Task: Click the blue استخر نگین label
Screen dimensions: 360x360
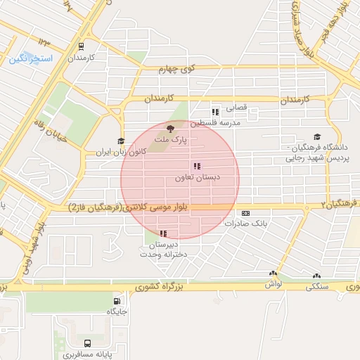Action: tap(32, 58)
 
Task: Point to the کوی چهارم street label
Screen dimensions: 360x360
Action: tap(176, 68)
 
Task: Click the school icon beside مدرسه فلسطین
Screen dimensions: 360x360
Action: tap(215, 112)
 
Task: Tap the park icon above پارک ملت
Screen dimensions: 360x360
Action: tap(169, 127)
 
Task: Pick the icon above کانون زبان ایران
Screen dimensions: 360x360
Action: tap(120, 141)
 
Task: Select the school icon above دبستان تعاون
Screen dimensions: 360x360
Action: tap(196, 167)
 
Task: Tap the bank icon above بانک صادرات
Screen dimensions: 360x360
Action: tap(245, 213)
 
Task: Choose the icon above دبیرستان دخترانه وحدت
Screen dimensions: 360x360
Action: tap(163, 233)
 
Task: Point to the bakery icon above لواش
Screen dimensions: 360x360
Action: tap(273, 274)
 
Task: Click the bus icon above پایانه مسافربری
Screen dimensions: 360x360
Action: tap(87, 344)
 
